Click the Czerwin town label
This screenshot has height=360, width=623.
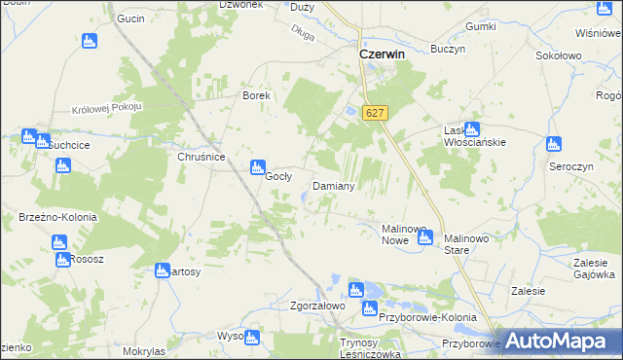point(383,55)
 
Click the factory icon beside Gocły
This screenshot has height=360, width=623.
point(258,167)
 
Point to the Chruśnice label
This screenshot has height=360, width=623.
point(202,157)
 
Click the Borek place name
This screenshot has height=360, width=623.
point(255,96)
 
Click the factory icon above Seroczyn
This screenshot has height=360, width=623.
point(555,144)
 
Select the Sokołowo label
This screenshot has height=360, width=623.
point(559,56)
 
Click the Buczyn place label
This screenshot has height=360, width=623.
point(449,49)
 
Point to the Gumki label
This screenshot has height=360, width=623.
point(482,26)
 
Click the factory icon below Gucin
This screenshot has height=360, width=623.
point(90,41)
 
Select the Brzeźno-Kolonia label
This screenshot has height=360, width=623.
point(51,217)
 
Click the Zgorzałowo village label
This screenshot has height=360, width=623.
point(291,306)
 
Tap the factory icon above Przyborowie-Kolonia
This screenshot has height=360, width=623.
point(355,289)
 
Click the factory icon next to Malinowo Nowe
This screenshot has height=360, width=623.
point(424,236)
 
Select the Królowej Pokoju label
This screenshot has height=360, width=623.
point(107,106)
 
